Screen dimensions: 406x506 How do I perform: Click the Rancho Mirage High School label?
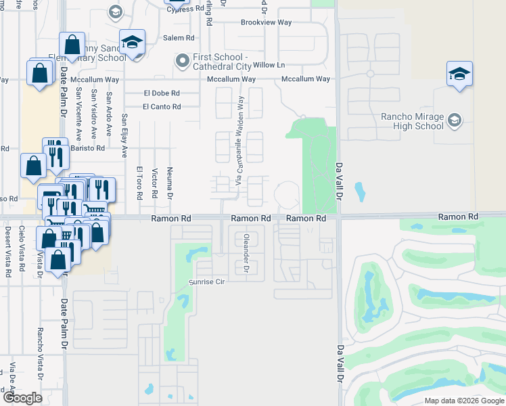(x=412, y=121)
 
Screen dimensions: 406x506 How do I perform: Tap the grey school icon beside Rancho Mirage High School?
(x=455, y=121)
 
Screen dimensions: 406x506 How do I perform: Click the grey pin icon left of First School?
(x=181, y=62)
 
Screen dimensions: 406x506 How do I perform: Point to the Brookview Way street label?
(x=267, y=22)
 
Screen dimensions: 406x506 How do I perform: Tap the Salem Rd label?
(x=179, y=38)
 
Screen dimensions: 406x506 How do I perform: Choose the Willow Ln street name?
(x=269, y=65)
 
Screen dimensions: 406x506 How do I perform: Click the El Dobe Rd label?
(x=162, y=93)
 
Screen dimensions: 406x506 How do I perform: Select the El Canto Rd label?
(x=162, y=106)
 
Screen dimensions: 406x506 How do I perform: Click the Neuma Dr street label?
(x=170, y=183)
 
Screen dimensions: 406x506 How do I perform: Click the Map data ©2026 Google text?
(x=464, y=401)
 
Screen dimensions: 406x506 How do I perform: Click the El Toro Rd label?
(x=139, y=183)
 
